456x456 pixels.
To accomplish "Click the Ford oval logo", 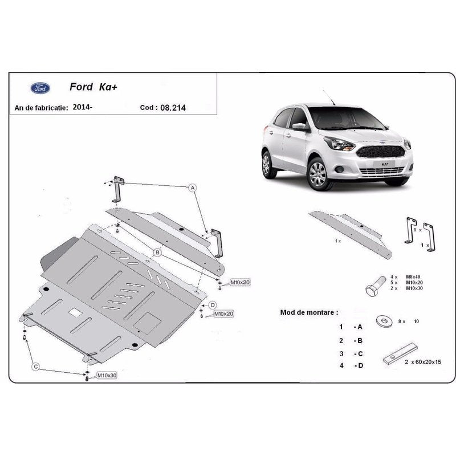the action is [40, 88].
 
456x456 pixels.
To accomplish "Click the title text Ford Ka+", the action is [93, 87].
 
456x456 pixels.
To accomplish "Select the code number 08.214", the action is [173, 108].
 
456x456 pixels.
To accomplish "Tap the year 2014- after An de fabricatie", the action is [82, 107].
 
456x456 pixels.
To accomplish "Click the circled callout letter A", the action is [193, 188].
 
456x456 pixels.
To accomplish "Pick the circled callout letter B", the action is [158, 252].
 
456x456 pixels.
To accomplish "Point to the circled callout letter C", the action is [36, 367].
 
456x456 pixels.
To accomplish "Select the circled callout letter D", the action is [213, 305].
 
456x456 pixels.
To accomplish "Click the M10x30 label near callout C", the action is [107, 376].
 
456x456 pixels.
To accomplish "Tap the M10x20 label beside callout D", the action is [223, 314].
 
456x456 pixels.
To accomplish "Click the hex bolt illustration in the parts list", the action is [375, 286].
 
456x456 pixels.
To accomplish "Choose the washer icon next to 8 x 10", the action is [384, 321].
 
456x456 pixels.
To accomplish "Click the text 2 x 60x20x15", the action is [423, 362].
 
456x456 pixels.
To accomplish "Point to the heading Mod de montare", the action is [309, 312].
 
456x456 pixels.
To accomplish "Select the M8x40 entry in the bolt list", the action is [413, 277].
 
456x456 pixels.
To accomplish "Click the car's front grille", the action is [380, 152].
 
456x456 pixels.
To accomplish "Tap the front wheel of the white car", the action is [317, 174].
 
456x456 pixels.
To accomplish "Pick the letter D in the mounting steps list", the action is [360, 365].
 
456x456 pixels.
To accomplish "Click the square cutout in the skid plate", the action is [75, 312].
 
